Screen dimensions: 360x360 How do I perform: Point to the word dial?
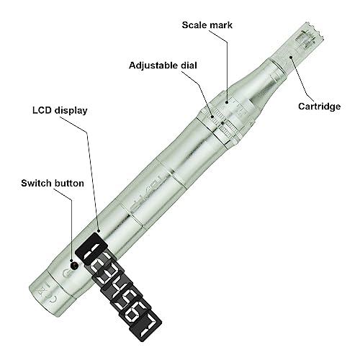[185, 65]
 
